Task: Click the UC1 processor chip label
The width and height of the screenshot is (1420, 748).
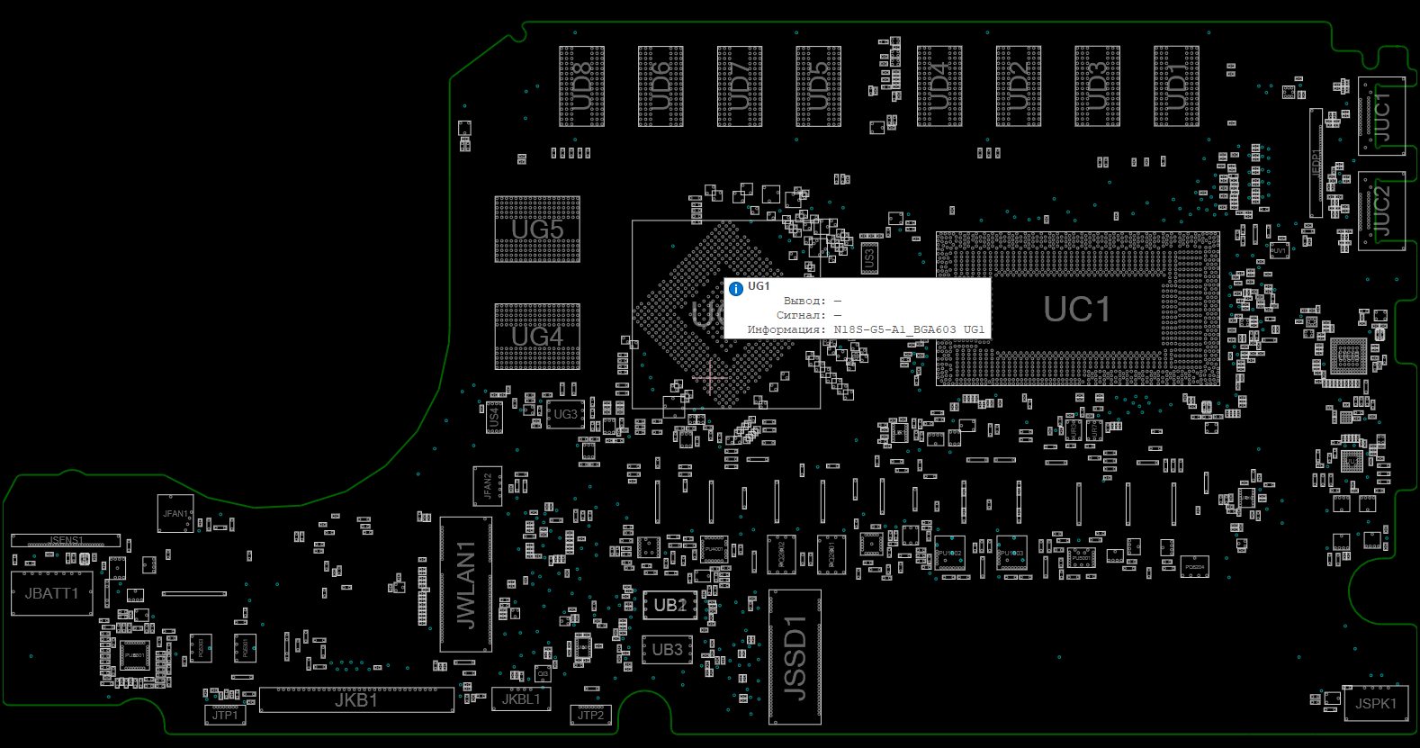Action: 1076,310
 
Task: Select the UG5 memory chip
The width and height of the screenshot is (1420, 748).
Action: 537,230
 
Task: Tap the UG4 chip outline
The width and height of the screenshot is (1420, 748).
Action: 537,337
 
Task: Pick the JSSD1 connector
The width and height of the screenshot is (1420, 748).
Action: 795,657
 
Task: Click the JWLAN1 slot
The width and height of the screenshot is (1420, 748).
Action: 465,584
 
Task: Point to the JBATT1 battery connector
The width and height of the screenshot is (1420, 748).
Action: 51,594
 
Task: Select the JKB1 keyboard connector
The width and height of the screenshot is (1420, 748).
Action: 356,700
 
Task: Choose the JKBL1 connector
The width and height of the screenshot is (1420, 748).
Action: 521,699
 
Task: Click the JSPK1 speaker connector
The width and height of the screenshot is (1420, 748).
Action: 1375,704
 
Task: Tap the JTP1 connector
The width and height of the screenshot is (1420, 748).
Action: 225,716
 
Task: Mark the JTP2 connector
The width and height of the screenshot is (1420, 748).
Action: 590,716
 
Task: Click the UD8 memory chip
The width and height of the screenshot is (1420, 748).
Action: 581,86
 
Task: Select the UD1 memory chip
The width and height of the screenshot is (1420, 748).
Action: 1176,86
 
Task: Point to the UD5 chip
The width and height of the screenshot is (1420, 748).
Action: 818,86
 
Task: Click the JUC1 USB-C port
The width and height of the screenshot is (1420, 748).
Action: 1381,117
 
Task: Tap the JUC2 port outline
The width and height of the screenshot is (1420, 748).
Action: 1381,211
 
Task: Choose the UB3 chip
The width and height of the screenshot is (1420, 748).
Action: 667,650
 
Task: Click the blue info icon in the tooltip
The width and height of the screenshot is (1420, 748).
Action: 736,289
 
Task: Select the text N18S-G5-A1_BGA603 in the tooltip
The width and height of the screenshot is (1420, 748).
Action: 894,329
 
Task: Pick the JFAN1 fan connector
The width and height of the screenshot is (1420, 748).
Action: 175,514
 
